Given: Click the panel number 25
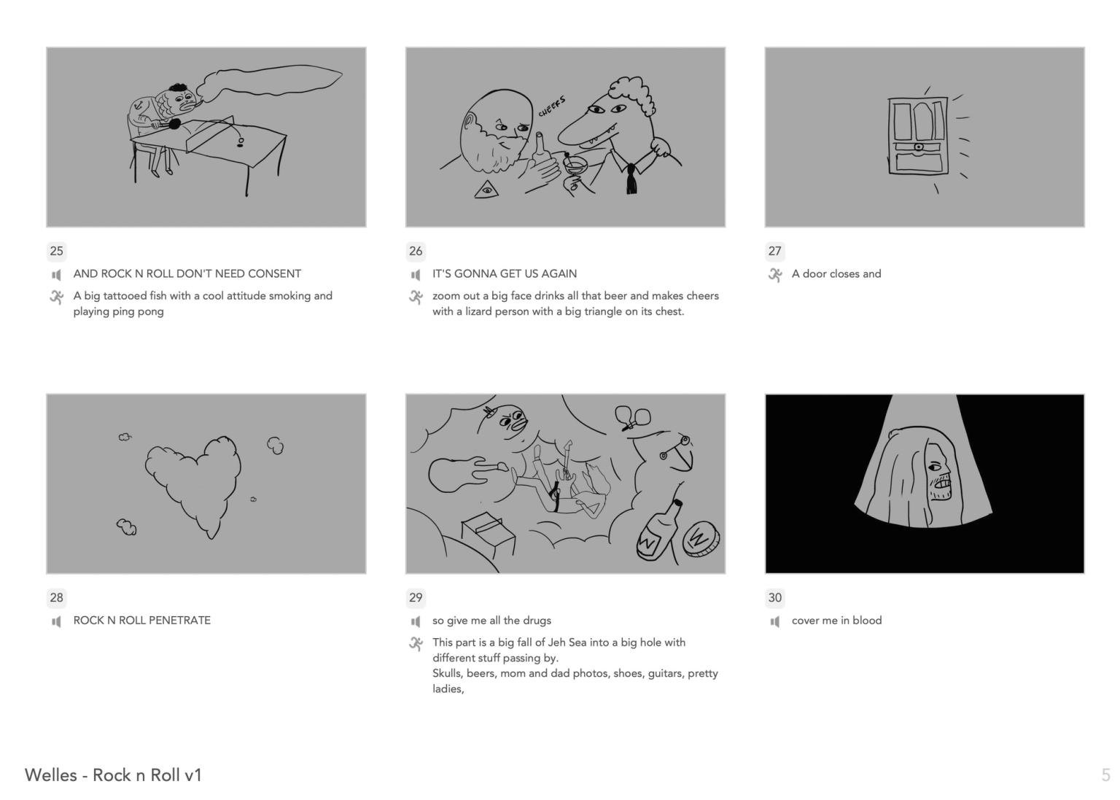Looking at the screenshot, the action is click(56, 250).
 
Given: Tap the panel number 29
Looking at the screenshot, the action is click(416, 597).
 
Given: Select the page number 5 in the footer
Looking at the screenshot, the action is click(1105, 774).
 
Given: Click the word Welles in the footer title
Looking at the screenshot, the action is click(51, 774).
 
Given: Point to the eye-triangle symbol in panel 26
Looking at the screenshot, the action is click(486, 190).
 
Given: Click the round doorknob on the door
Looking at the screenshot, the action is click(918, 147).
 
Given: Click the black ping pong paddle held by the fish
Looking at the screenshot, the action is click(174, 123).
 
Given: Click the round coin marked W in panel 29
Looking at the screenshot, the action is click(701, 539).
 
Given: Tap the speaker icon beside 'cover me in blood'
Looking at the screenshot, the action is click(775, 621).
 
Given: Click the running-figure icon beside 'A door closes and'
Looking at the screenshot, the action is click(775, 274).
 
